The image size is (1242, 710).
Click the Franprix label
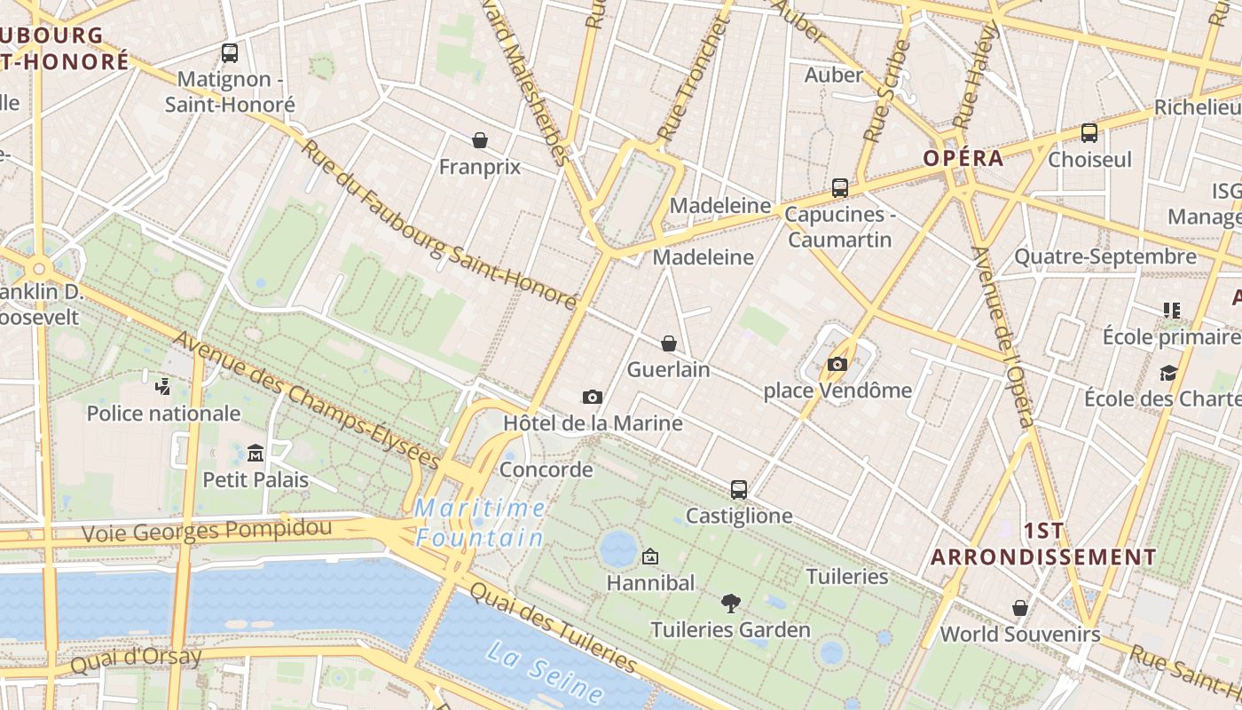click(480, 167)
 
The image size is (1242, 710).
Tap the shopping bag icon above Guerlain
click(669, 343)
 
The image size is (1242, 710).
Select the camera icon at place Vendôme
click(837, 364)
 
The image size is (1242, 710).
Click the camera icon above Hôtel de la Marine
click(593, 397)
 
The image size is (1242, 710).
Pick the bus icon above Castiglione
click(738, 489)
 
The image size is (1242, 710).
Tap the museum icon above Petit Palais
click(255, 453)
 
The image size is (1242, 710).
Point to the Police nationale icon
click(162, 386)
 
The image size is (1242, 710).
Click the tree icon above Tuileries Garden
click(730, 603)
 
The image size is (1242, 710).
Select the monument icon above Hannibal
click(650, 556)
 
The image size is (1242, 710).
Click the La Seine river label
click(546, 673)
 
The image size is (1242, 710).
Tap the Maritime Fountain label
click(480, 523)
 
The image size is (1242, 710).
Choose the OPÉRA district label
click(963, 158)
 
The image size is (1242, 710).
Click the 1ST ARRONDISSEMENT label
click(1043, 544)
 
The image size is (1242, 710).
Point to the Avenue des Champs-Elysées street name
click(306, 400)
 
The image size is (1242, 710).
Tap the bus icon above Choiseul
click(1089, 133)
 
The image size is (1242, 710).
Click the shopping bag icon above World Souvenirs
click(1020, 608)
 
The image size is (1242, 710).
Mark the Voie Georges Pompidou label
click(207, 531)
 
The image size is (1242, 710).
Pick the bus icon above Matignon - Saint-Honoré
click(230, 53)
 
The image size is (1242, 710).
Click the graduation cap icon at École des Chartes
click(1168, 373)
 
